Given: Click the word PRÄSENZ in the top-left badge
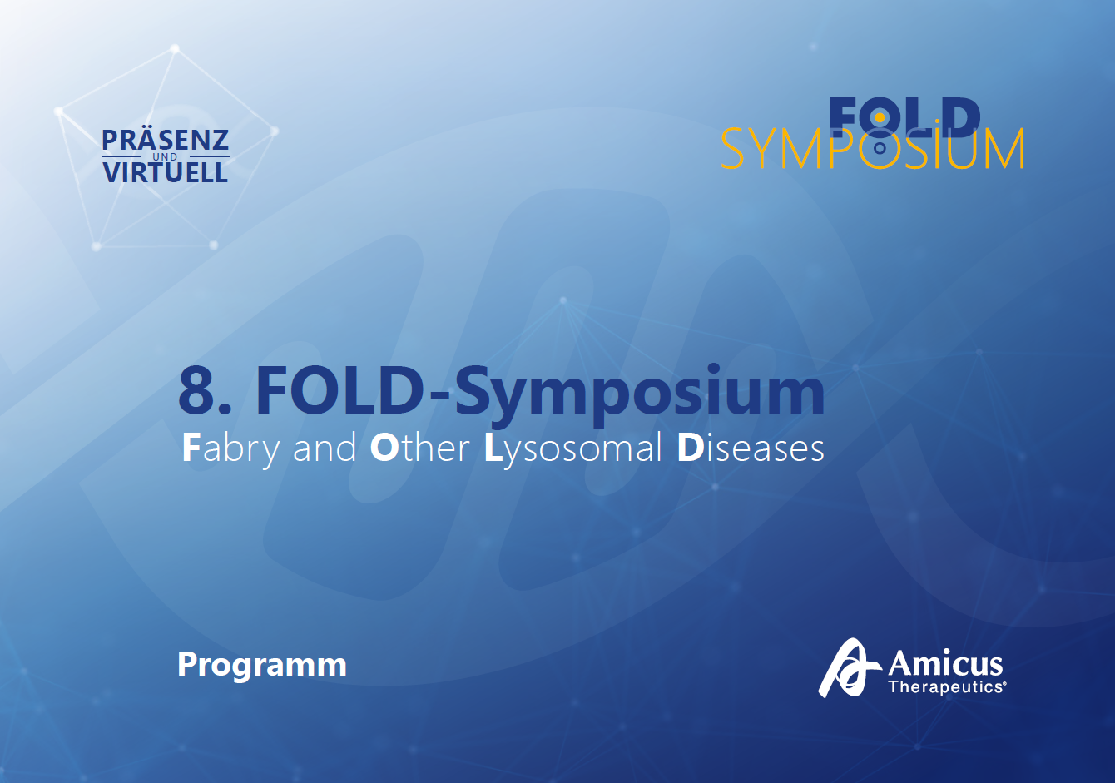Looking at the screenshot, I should (165, 141).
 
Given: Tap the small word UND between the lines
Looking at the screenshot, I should (165, 156).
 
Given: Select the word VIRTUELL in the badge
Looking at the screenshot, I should (165, 172).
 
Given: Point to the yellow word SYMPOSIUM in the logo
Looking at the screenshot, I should (871, 151).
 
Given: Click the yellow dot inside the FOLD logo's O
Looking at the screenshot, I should (880, 119).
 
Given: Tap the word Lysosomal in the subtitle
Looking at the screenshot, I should (572, 449).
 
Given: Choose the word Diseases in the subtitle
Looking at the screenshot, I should (751, 449).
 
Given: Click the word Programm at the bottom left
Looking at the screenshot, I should (262, 664).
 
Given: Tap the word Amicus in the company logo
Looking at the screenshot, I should (945, 664).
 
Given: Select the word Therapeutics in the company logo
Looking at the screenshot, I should (945, 687).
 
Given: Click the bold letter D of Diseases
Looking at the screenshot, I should (690, 448).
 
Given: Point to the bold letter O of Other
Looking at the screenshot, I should (384, 448).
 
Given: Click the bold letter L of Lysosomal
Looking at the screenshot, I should (493, 448).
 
